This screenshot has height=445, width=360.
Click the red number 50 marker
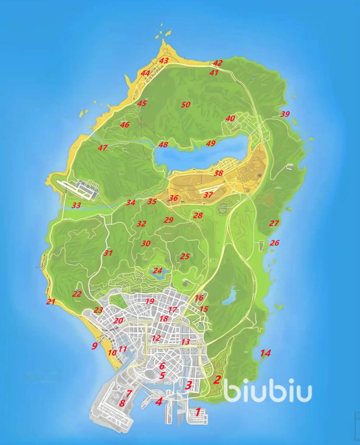pyautogui.click(x=186, y=104)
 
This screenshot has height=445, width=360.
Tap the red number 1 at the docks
pyautogui.click(x=198, y=412)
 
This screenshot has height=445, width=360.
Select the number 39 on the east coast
pyautogui.click(x=285, y=114)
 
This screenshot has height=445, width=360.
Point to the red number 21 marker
pyautogui.click(x=50, y=302)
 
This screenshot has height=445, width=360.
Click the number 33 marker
pyautogui.click(x=76, y=205)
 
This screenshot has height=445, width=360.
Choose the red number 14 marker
pyautogui.click(x=265, y=354)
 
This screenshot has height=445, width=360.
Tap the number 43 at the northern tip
pyautogui.click(x=164, y=61)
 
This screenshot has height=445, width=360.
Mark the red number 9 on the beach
pyautogui.click(x=95, y=345)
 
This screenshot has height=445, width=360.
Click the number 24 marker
pyautogui.click(x=158, y=271)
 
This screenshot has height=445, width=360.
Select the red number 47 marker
pyautogui.click(x=102, y=148)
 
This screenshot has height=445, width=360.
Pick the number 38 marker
pyautogui.click(x=219, y=173)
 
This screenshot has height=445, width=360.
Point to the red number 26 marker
pyautogui.click(x=274, y=243)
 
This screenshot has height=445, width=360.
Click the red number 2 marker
pyautogui.click(x=217, y=380)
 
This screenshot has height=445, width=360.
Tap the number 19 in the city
pyautogui.click(x=149, y=302)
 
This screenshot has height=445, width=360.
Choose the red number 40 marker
pyautogui.click(x=230, y=119)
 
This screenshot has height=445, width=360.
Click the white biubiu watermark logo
pyautogui.click(x=267, y=392)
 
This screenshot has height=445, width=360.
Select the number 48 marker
pyautogui.click(x=163, y=145)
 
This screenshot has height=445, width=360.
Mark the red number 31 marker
pyautogui.click(x=108, y=253)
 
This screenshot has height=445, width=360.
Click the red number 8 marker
pyautogui.click(x=122, y=403)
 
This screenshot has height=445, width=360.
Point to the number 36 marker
pyautogui.click(x=174, y=198)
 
